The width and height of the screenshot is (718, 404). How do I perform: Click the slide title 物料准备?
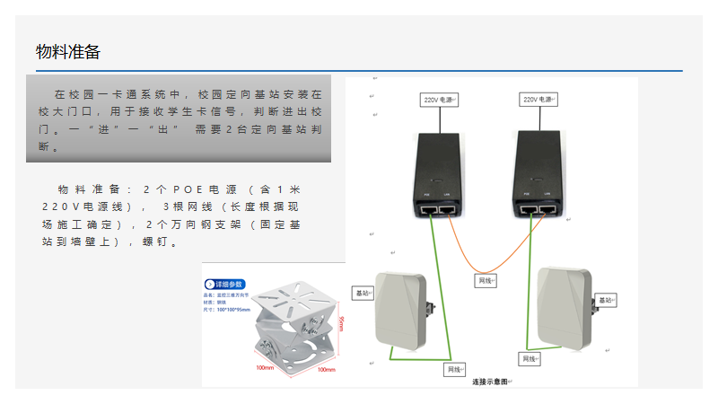click(68, 52)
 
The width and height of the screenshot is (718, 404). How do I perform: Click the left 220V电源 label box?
click(441, 100)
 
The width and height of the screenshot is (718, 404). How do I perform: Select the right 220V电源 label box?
click(538, 100)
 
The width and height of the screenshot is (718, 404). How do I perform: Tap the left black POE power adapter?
click(436, 175)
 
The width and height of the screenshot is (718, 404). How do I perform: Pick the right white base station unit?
click(565, 305)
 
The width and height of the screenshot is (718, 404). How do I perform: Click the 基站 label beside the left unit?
click(363, 293)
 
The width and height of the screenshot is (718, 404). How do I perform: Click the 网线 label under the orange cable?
click(486, 281)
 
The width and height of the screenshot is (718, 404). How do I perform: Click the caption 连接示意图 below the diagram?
click(490, 382)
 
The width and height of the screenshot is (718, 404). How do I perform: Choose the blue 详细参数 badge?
click(225, 284)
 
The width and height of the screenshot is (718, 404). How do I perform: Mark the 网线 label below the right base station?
click(530, 359)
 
